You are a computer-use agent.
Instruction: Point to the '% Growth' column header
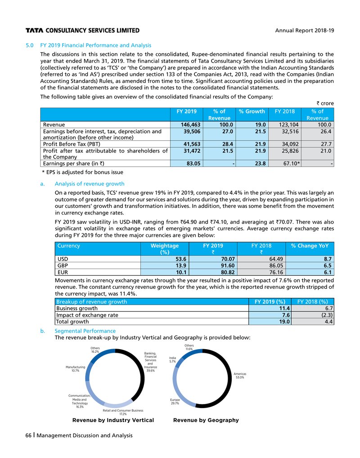pyautogui.click(x=252, y=111)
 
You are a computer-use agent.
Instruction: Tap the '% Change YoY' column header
pyautogui.click(x=310, y=246)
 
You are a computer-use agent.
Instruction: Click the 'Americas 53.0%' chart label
pyautogui.click(x=239, y=376)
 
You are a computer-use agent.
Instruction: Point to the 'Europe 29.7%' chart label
pyautogui.click(x=175, y=401)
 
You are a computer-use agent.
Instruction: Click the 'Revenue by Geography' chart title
pyautogui.click(x=206, y=420)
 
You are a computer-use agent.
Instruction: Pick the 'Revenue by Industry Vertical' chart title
pyautogui.click(x=113, y=420)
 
